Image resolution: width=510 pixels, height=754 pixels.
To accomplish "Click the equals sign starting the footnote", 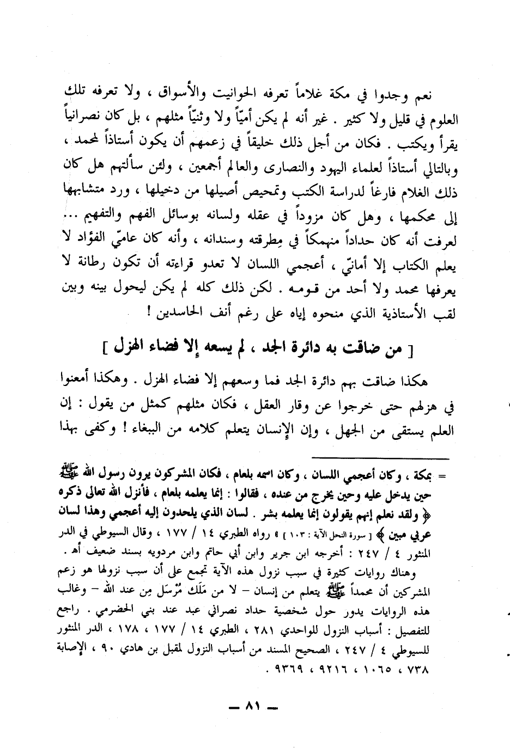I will (x=442, y=475).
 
